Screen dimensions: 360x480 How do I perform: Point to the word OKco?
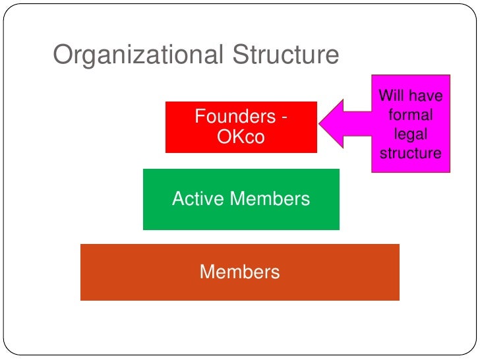(240, 137)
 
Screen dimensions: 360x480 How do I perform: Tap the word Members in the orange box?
(239, 272)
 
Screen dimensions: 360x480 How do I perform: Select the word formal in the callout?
(410, 115)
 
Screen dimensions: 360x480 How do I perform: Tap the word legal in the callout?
(410, 135)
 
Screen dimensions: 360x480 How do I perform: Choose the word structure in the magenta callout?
(410, 154)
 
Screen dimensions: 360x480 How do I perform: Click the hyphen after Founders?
(284, 117)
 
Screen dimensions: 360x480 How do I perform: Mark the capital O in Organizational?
(62, 55)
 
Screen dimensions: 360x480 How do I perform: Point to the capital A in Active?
(178, 198)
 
